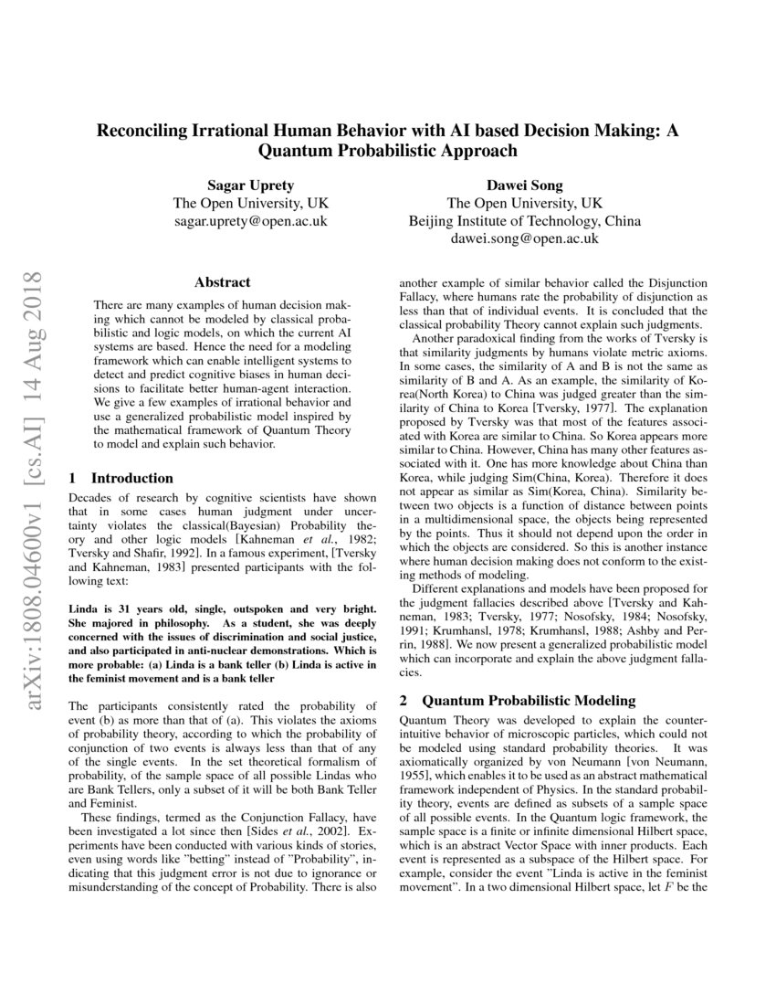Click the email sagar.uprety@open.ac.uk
pyautogui.click(x=250, y=221)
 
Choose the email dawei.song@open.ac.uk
pyautogui.click(x=524, y=238)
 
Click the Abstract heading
pyautogui.click(x=222, y=282)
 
